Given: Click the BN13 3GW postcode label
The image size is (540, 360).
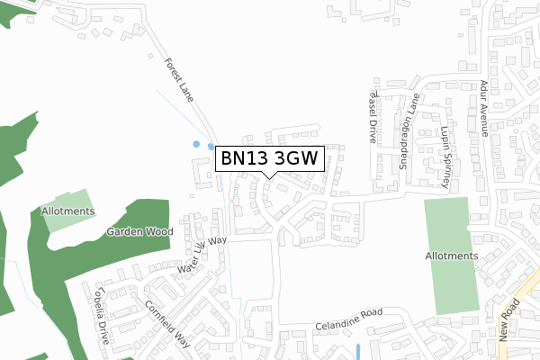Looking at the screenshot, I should tap(268, 159).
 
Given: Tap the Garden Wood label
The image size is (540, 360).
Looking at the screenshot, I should tap(139, 231).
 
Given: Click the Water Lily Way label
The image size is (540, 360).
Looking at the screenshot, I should tap(202, 256).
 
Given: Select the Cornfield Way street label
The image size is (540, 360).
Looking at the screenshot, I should tap(168, 323).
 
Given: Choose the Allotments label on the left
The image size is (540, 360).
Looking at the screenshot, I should tap(67, 211).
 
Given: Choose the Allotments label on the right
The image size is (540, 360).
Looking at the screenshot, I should tap(452, 256).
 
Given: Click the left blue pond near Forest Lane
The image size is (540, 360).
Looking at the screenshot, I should tap(196, 143).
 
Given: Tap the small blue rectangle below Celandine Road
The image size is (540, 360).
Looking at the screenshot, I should tap(358, 350).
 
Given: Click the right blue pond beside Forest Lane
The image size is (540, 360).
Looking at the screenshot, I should tap(211, 147).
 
